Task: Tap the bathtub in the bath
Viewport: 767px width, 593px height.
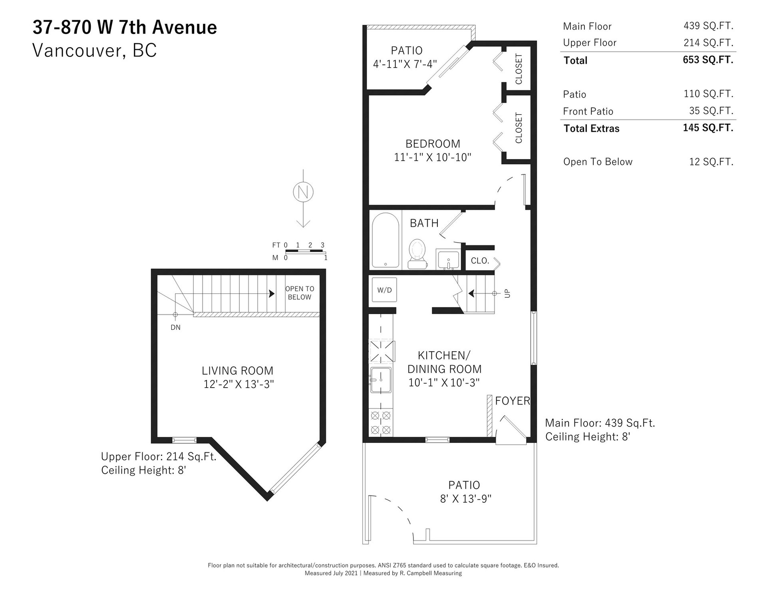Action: click(x=385, y=240)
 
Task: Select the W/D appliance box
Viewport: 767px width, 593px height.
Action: click(x=384, y=290)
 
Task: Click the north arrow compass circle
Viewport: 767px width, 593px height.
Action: click(x=303, y=192)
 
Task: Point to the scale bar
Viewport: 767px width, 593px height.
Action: click(x=305, y=251)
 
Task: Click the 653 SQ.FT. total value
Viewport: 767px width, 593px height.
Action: click(x=708, y=60)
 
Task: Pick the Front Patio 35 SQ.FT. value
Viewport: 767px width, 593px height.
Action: click(x=711, y=111)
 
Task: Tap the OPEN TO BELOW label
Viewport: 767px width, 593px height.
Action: click(x=300, y=293)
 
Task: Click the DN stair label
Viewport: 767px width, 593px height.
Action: click(x=175, y=328)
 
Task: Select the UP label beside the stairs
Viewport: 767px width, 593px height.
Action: click(x=507, y=293)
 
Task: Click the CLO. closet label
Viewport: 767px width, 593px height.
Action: click(x=480, y=261)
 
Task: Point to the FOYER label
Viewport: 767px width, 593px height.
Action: click(x=513, y=401)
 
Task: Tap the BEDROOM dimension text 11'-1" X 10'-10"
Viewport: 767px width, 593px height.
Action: click(x=433, y=157)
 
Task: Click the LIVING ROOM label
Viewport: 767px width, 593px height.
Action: click(x=238, y=371)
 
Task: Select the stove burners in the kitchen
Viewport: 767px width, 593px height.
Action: click(x=381, y=423)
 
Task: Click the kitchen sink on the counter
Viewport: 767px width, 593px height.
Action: click(x=381, y=380)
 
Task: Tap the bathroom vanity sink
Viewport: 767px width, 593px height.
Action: click(x=448, y=260)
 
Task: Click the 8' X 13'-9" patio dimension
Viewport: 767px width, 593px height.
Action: click(x=465, y=499)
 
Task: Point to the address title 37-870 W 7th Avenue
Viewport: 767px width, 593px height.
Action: click(x=125, y=28)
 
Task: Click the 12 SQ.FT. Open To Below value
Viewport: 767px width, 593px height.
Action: click(x=711, y=162)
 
